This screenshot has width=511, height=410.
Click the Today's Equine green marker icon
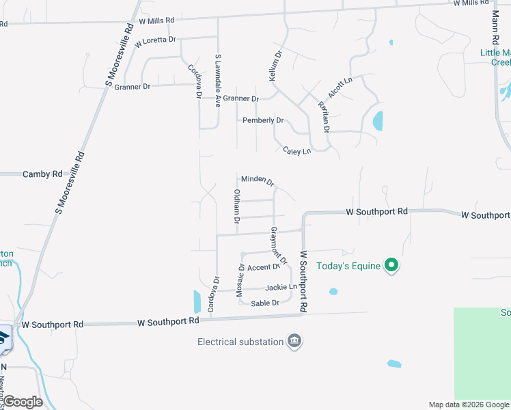pos(391,265)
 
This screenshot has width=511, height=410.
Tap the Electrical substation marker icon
pos(294,341)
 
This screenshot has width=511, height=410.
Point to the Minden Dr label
pos(258,180)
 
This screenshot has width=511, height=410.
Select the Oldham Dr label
pos(237,206)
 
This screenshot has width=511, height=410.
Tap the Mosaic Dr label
pos(240,280)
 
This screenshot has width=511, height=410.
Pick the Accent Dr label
pos(264,267)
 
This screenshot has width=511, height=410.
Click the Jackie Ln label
pos(281,287)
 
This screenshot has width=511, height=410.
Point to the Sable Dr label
pos(266,303)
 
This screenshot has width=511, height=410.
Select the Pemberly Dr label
pos(263,120)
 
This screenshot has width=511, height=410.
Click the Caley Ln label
pos(297,150)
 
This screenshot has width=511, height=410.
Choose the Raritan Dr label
pos(324,116)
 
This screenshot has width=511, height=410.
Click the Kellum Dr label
pos(275,66)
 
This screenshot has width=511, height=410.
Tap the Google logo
pos(23,402)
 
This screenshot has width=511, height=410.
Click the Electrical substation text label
pos(240,342)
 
